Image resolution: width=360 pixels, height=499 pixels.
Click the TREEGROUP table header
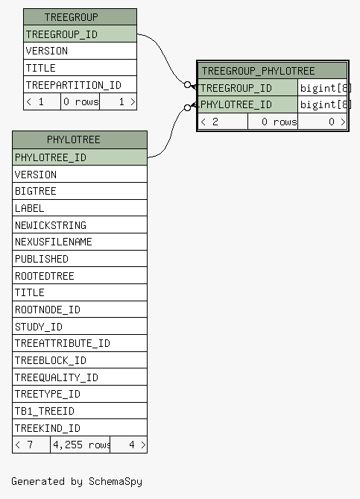coord(80,17)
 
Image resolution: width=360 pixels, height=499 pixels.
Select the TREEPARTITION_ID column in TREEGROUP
coord(80,84)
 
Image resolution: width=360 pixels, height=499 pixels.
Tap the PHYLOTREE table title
coord(80,139)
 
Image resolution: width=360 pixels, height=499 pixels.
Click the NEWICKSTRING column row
coord(80,225)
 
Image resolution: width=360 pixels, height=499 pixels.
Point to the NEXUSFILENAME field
coord(80,242)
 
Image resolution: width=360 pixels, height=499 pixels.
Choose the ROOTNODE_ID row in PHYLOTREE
coord(80,310)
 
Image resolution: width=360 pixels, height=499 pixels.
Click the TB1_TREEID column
coord(80,411)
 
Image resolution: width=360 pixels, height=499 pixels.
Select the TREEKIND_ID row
coord(80,427)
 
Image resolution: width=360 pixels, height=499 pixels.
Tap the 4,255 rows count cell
coord(80,445)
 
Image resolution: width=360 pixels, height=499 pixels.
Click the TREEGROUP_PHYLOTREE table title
coord(273,71)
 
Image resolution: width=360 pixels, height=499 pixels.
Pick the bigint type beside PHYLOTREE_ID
coord(323,104)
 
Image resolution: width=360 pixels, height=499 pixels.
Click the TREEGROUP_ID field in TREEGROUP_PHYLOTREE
coord(247,88)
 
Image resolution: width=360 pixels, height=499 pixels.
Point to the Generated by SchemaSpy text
coord(77,482)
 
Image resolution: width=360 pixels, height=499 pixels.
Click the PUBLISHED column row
coord(80,259)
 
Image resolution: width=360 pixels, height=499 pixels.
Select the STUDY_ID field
coord(80,327)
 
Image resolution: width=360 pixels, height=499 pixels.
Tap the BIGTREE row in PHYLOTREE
coord(80,191)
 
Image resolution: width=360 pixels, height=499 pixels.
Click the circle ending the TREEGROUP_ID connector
coord(188,85)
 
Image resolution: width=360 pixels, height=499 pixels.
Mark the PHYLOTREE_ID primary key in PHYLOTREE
coord(80,157)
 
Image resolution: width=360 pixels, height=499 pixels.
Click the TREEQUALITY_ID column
coord(80,377)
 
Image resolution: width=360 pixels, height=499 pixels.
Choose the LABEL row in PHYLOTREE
coord(80,208)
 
